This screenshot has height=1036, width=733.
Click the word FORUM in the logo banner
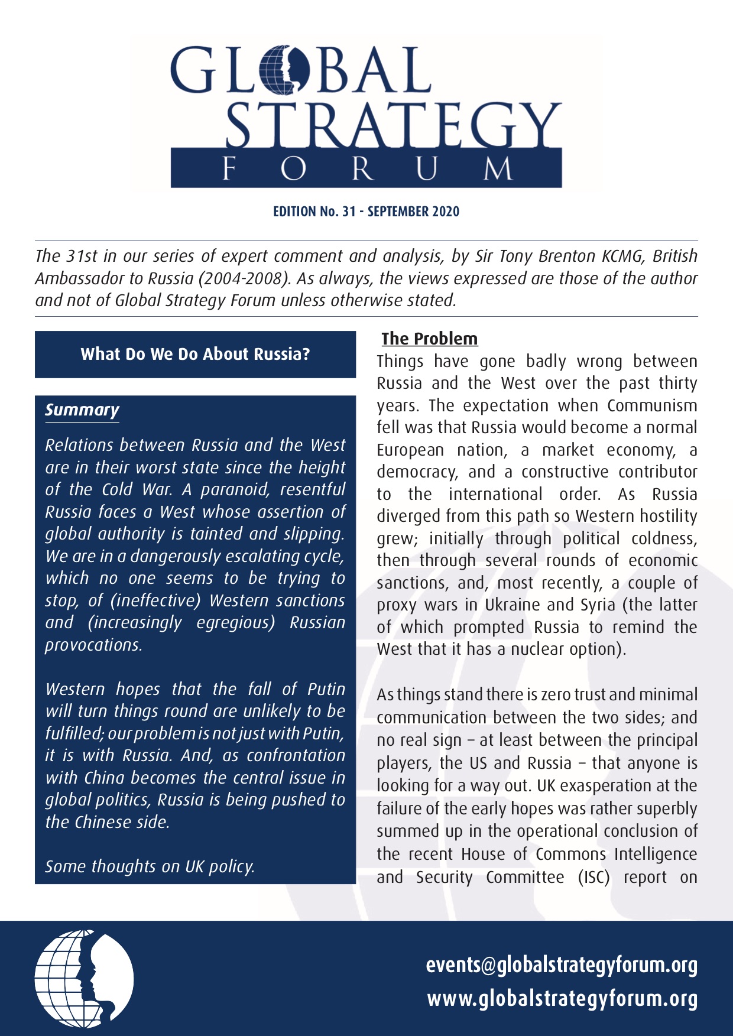tap(367, 169)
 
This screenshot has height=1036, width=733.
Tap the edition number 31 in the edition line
tap(349, 212)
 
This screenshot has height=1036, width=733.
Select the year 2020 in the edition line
tap(446, 212)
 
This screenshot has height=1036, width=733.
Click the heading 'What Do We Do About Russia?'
tap(195, 354)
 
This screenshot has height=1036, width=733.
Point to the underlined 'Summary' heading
tap(82, 410)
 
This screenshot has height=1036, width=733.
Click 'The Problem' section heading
tap(430, 339)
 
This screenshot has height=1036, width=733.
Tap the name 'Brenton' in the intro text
tap(564, 256)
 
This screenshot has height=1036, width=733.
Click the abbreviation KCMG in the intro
tap(623, 256)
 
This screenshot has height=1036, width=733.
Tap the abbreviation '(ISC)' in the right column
tap(593, 877)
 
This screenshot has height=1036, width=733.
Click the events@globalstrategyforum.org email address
tap(562, 965)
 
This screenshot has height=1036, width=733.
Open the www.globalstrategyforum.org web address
tap(562, 999)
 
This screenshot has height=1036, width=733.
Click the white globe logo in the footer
tap(84, 978)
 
